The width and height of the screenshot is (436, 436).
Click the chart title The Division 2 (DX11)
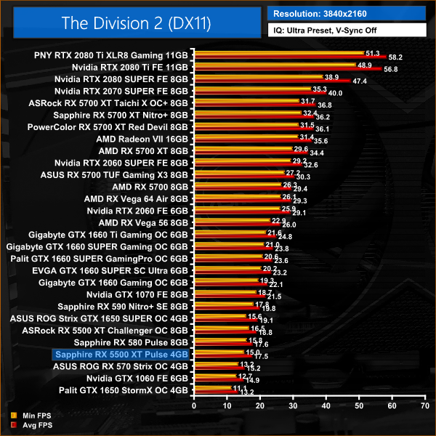pos(136,23)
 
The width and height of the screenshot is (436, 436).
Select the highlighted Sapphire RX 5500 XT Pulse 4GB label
pos(121,354)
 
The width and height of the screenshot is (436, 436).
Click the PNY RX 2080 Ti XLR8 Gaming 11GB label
pos(111,54)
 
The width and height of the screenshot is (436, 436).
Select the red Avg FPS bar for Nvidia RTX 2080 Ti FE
pos(287,69)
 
